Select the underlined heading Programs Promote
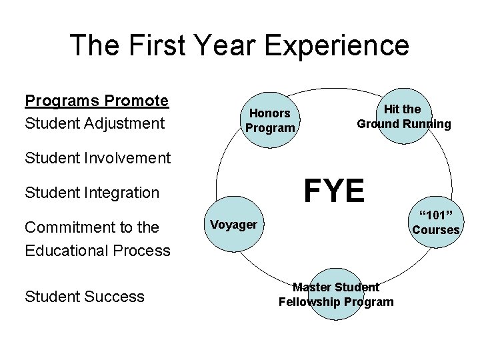click(97, 101)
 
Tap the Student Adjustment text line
click(94, 123)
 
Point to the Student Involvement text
click(97, 158)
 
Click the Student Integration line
click(92, 193)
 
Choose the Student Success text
click(84, 297)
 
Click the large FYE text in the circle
click(334, 191)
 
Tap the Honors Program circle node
click(270, 121)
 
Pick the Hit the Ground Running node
click(403, 116)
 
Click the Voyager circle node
click(233, 225)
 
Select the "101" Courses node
click(436, 222)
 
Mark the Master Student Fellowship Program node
click(336, 295)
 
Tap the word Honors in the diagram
click(270, 113)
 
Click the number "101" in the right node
click(436, 215)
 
